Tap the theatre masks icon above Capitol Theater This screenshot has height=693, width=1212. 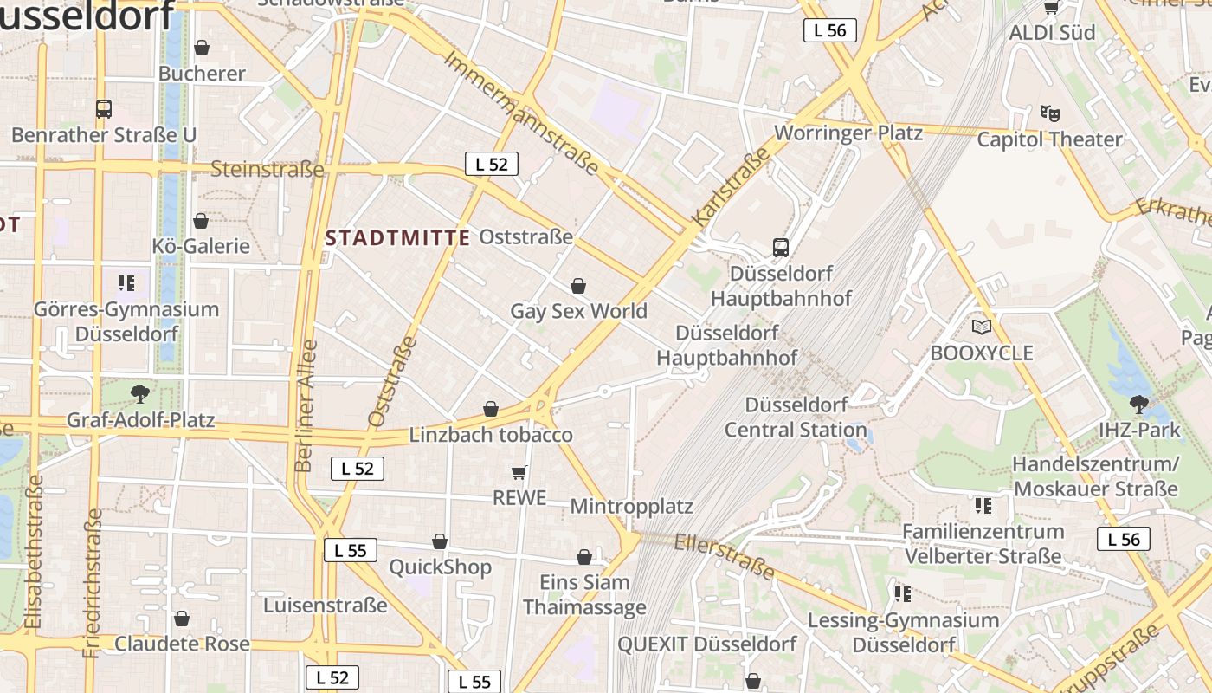1049,113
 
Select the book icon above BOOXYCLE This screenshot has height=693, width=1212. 981,327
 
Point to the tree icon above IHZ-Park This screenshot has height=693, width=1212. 1138,403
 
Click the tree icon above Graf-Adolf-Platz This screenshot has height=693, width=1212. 140,394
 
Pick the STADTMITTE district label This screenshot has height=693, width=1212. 397,237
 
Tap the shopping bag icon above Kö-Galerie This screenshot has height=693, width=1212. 201,221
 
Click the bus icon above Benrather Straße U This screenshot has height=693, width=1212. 104,109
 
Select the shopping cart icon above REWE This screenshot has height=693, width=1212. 519,472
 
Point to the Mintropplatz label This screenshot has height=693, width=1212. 631,506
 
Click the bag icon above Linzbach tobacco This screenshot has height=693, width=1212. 491,409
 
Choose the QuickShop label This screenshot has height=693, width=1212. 440,567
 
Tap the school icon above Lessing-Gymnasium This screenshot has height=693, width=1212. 903,593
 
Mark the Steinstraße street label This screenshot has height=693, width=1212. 267,169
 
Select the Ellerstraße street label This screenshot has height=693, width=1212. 724,555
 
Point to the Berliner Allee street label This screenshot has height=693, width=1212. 306,405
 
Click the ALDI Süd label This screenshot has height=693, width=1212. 1052,33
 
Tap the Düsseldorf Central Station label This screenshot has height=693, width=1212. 795,417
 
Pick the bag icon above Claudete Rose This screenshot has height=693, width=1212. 182,619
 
